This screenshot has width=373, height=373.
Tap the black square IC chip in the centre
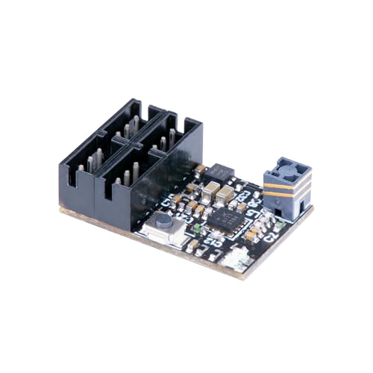(223, 218)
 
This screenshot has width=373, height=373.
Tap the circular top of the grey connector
(286, 169)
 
